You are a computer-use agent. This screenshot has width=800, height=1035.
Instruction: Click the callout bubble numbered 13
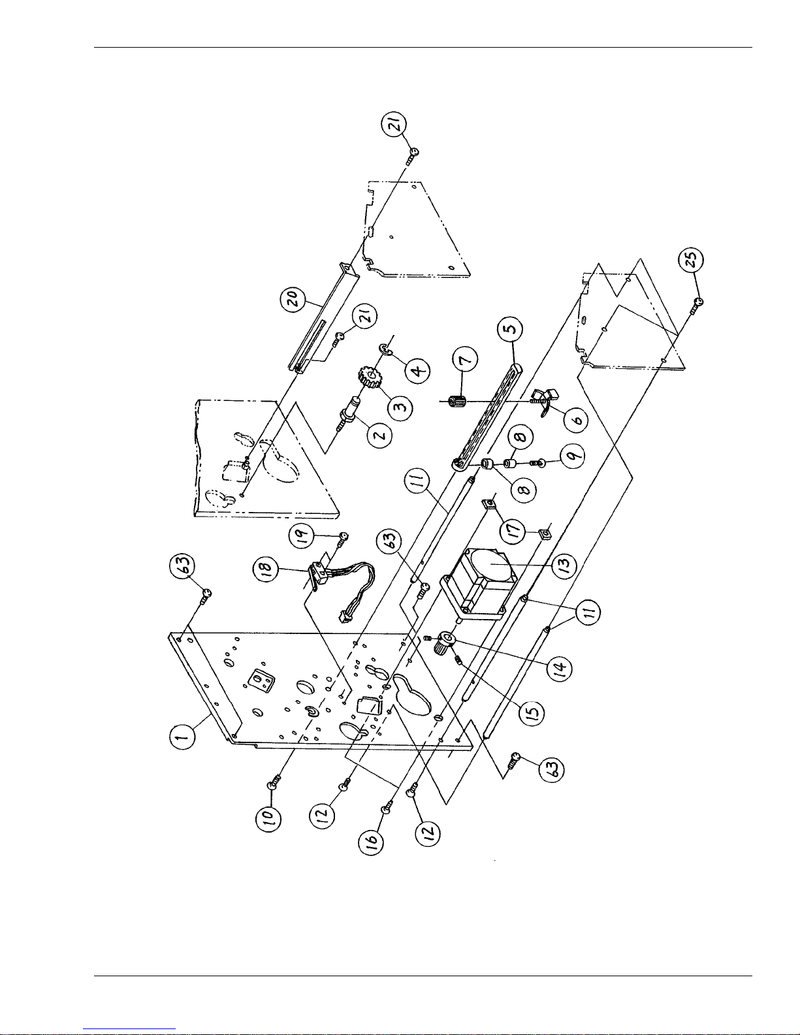(x=564, y=565)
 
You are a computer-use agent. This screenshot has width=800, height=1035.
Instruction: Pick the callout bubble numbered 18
(x=266, y=567)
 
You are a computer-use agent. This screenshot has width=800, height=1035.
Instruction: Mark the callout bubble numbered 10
(x=269, y=818)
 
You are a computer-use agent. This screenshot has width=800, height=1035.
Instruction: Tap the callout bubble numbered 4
(x=417, y=370)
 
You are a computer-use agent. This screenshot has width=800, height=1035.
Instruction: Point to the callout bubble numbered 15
(x=532, y=712)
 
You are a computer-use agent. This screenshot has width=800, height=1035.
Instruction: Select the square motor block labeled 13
(x=479, y=585)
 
